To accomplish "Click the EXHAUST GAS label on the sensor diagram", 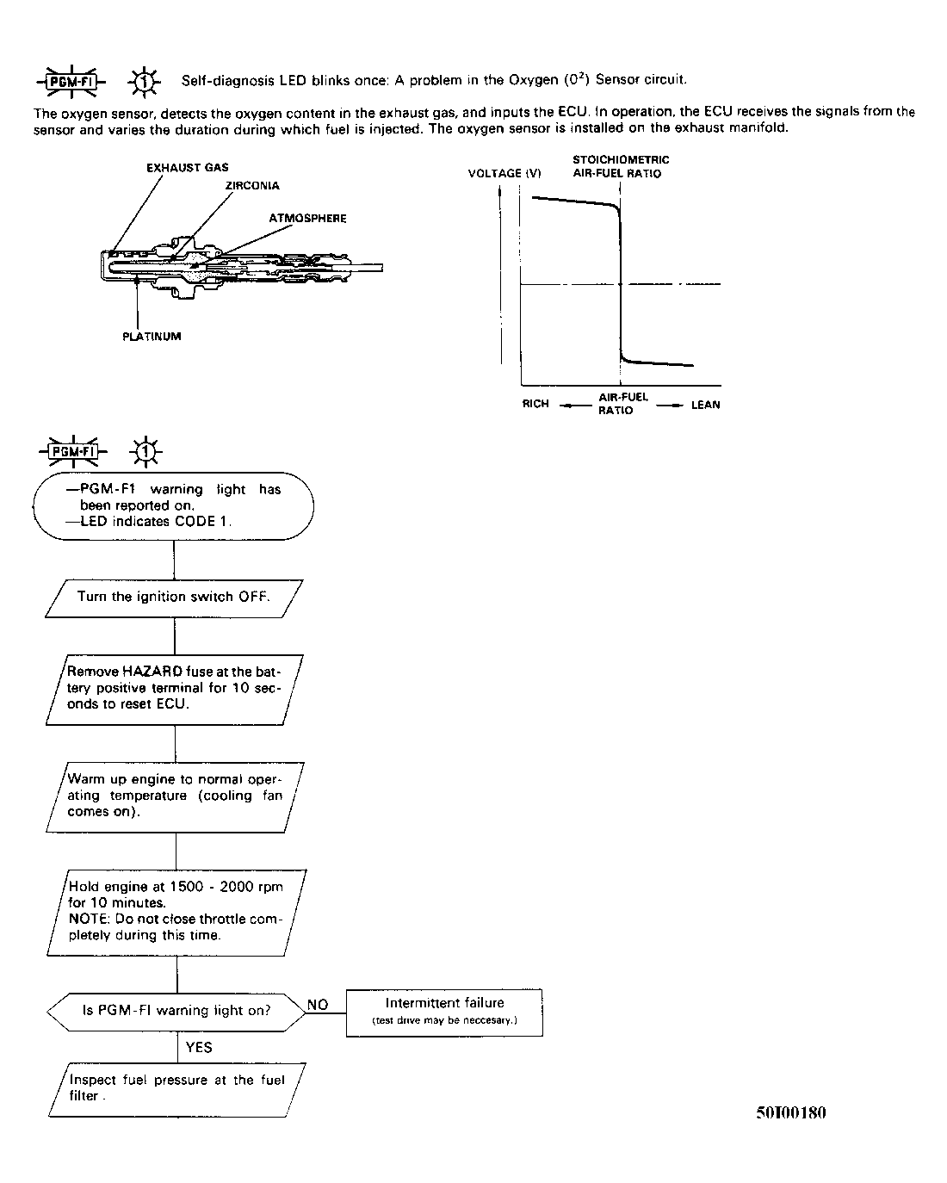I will click(x=187, y=168).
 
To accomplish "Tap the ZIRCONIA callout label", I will click(x=251, y=186).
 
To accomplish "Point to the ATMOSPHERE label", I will click(x=307, y=219).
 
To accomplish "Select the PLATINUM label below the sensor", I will click(x=152, y=337).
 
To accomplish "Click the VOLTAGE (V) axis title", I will click(x=504, y=173).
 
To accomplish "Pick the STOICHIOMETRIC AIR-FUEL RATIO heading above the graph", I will click(x=620, y=166).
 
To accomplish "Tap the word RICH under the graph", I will click(x=535, y=404).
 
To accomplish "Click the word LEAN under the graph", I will click(x=705, y=405).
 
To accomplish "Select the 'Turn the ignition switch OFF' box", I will click(x=174, y=597).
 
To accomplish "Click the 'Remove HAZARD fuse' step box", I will click(x=175, y=687).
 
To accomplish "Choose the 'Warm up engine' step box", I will click(x=175, y=796).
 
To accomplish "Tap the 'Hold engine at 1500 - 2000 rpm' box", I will click(x=176, y=911).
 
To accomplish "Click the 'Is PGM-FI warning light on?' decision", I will click(x=176, y=1011).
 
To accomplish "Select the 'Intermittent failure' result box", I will click(x=444, y=1012).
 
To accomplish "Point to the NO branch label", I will click(x=318, y=1005).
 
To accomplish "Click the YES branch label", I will click(x=199, y=1048).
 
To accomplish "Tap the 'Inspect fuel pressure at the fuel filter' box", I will click(x=176, y=1088).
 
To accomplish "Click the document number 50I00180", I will click(x=790, y=1112).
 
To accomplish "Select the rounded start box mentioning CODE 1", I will click(x=173, y=505).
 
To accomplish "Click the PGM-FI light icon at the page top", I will click(x=71, y=81).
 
